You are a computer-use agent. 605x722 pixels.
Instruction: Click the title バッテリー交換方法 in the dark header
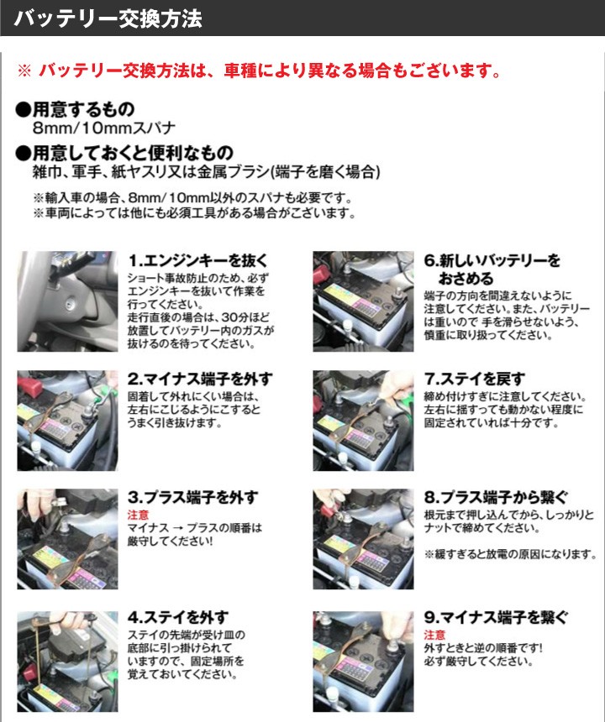[x=109, y=18]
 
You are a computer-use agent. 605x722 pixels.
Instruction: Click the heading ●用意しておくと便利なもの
[x=125, y=153]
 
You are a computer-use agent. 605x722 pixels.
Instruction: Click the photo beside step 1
[x=67, y=301]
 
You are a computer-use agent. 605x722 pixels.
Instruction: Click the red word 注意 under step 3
[x=139, y=515]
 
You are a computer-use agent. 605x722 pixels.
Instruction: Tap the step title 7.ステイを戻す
[x=475, y=379]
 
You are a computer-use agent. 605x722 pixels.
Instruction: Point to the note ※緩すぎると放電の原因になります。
[x=510, y=555]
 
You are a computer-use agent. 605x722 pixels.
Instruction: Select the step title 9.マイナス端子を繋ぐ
[x=496, y=618]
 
